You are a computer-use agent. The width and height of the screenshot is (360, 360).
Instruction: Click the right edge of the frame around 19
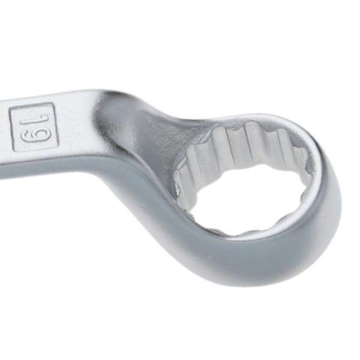(x=56, y=124)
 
